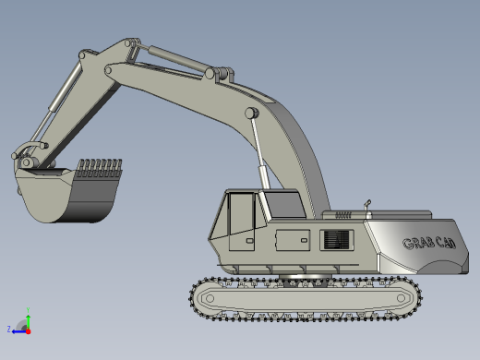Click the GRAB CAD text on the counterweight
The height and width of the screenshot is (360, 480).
pyautogui.click(x=429, y=243)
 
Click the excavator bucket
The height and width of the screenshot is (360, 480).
pyautogui.click(x=66, y=194)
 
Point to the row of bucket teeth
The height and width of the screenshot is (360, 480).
pyautogui.click(x=99, y=168)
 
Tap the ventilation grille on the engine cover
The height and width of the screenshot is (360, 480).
pyautogui.click(x=336, y=240)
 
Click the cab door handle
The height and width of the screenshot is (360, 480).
pyautogui.click(x=249, y=241)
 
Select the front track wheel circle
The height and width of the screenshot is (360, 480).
pyautogui.click(x=210, y=298)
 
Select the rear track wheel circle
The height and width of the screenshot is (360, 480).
pyautogui.click(x=401, y=298)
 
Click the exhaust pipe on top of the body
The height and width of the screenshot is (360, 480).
pyautogui.click(x=367, y=205)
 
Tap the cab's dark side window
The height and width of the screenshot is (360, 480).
pyautogui.click(x=285, y=203)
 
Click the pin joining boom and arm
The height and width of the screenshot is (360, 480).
pyautogui.click(x=108, y=70)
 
